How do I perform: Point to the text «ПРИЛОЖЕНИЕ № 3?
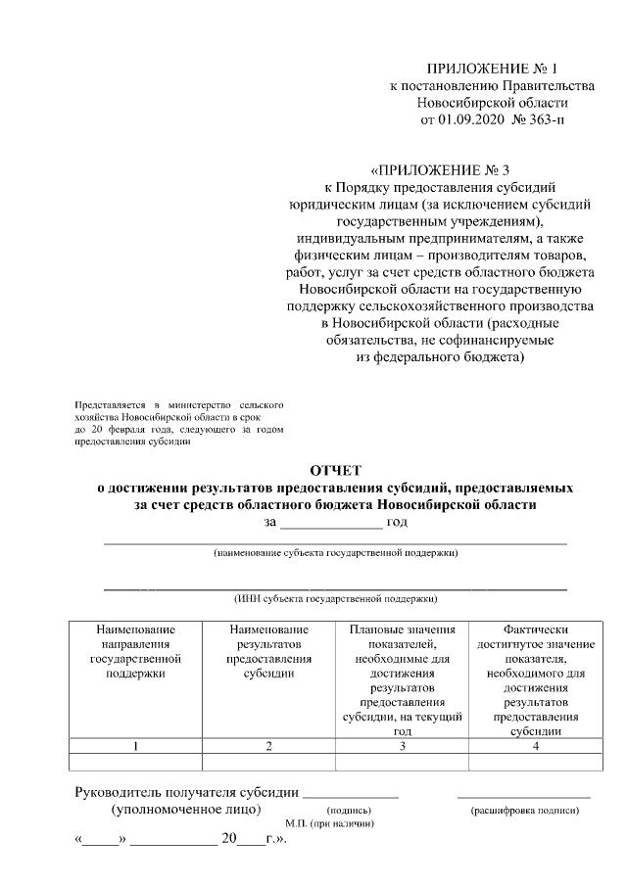[434, 168]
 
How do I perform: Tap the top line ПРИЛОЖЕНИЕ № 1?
[491, 69]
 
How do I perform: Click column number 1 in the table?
[135, 746]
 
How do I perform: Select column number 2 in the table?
[268, 746]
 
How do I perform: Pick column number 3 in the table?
[402, 746]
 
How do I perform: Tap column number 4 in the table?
[535, 746]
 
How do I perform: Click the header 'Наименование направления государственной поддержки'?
[135, 651]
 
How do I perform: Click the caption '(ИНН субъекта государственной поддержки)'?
[335, 597]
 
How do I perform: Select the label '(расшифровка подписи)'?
[524, 811]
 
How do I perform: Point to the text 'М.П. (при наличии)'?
[329, 824]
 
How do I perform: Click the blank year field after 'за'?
[332, 522]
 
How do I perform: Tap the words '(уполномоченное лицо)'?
[186, 810]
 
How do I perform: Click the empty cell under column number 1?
[135, 762]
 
